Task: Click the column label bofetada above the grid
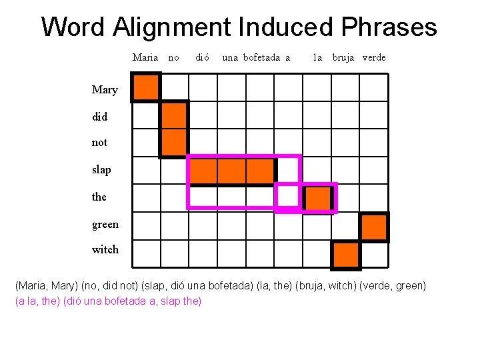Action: pyautogui.click(x=261, y=57)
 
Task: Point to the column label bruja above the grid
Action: pyautogui.click(x=344, y=57)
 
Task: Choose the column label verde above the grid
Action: pyautogui.click(x=374, y=57)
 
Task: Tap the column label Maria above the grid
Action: pyautogui.click(x=145, y=57)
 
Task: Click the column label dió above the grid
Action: pyautogui.click(x=203, y=57)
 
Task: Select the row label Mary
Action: pyautogui.click(x=105, y=90)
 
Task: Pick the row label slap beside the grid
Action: pyautogui.click(x=101, y=170)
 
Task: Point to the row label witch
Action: pyautogui.click(x=105, y=250)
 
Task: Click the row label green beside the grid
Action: pyautogui.click(x=105, y=224)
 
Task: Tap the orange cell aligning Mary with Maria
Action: pyautogui.click(x=146, y=87)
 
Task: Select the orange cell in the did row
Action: pyautogui.click(x=174, y=115)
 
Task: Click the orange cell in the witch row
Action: pyautogui.click(x=345, y=255)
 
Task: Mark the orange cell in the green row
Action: pyautogui.click(x=375, y=227)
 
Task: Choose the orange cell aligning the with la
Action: pyautogui.click(x=317, y=199)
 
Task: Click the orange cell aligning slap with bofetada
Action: pyautogui.click(x=260, y=171)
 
